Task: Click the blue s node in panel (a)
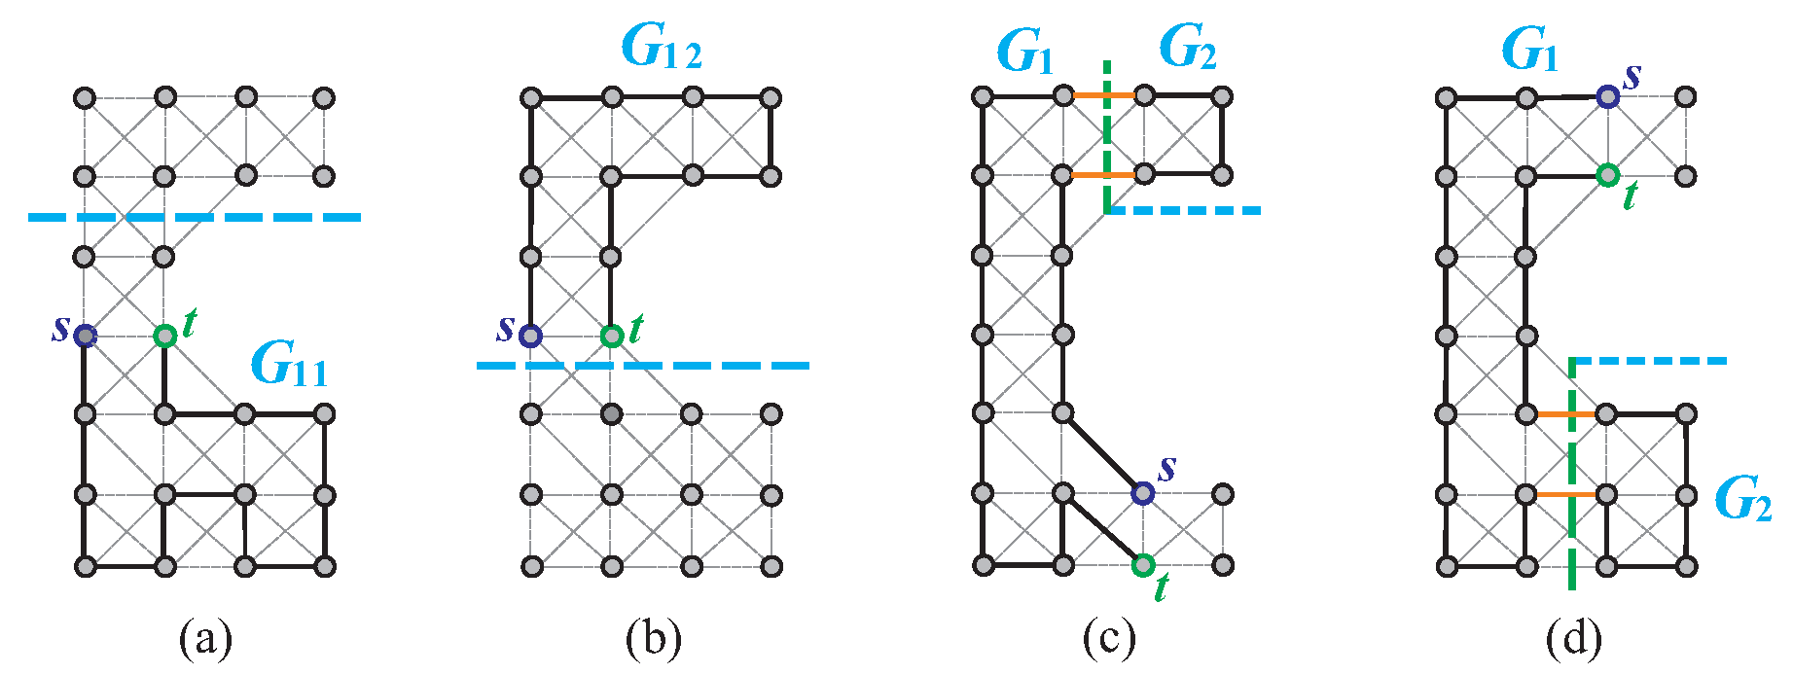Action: pyautogui.click(x=86, y=336)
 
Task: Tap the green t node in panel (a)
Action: pyautogui.click(x=165, y=336)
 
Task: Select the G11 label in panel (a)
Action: pyautogui.click(x=288, y=365)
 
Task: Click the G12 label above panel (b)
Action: pyautogui.click(x=661, y=47)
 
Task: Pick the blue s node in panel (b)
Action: pyautogui.click(x=530, y=336)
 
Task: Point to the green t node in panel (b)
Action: pyautogui.click(x=611, y=336)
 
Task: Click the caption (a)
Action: pyautogui.click(x=205, y=639)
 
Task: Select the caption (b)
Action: pyautogui.click(x=653, y=639)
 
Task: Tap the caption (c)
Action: pyautogui.click(x=1108, y=639)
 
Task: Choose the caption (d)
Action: pyautogui.click(x=1573, y=639)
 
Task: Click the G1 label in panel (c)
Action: pyautogui.click(x=1024, y=51)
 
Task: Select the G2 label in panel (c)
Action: pyautogui.click(x=1187, y=47)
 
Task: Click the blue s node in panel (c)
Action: pyautogui.click(x=1143, y=493)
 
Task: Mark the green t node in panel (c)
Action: pyautogui.click(x=1143, y=564)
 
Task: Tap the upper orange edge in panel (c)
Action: pyautogui.click(x=1104, y=95)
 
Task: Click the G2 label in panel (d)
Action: pyautogui.click(x=1741, y=498)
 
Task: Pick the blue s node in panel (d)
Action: pyautogui.click(x=1607, y=96)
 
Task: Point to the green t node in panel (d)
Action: pyautogui.click(x=1607, y=175)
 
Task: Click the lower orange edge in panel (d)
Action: pyautogui.click(x=1566, y=494)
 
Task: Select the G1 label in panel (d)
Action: pyautogui.click(x=1528, y=51)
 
